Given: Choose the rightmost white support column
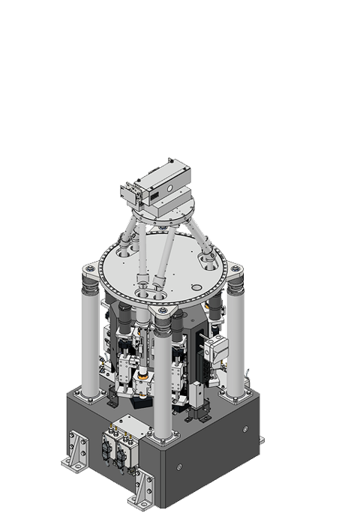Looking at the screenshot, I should pos(235,341).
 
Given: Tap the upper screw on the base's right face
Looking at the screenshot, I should pos(242,428).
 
